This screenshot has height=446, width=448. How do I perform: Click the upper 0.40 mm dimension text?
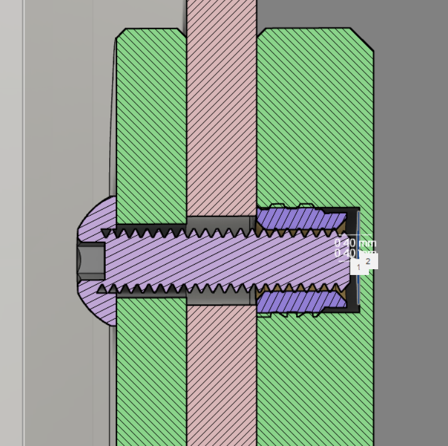(x=354, y=243)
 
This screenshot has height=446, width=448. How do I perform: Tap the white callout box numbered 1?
(x=358, y=267)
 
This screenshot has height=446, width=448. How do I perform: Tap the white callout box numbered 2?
(x=368, y=261)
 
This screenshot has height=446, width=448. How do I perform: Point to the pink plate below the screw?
(x=222, y=376)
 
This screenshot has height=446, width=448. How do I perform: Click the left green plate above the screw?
(x=151, y=116)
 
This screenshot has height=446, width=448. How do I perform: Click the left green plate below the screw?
(x=151, y=376)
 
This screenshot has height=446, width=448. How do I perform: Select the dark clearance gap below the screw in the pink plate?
(x=222, y=298)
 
